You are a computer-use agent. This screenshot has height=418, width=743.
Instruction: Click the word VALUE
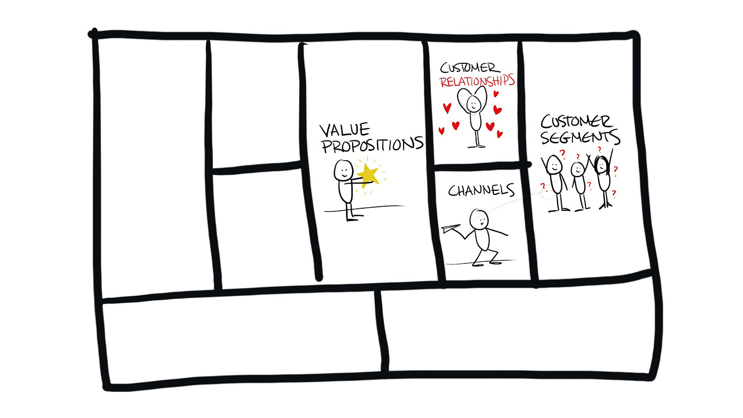[x=344, y=130]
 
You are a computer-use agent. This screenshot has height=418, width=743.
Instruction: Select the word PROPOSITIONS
[x=371, y=144]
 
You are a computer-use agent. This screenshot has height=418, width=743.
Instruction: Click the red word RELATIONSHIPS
[x=477, y=82]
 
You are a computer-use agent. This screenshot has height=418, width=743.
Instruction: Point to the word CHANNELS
[x=481, y=190]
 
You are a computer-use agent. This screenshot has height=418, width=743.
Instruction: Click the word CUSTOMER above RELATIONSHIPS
[x=468, y=68]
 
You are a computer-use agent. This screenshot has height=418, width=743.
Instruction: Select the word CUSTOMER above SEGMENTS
[x=577, y=121]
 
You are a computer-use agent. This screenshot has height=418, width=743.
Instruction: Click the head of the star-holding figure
[x=344, y=170]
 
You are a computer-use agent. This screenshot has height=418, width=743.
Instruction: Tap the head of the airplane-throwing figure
[x=479, y=218]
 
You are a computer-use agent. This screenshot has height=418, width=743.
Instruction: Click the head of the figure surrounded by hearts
[x=474, y=103]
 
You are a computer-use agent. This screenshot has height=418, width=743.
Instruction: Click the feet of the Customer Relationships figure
[x=476, y=146]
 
